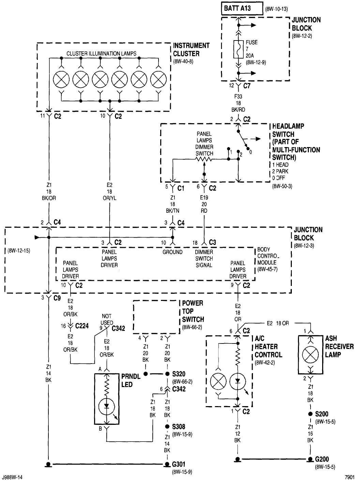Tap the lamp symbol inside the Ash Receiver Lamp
coord(310,354)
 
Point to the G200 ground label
coord(322,459)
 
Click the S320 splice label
coord(179,374)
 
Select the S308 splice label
coord(179,427)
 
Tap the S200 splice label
coord(321,414)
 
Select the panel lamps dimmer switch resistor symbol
coord(204,159)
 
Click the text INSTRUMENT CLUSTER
coord(191,49)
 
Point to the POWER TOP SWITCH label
coord(193,311)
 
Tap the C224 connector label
coord(82,326)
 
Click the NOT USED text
coord(107,319)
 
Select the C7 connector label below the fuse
coord(247,86)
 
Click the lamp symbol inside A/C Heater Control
coord(219,381)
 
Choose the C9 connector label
coord(57,298)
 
